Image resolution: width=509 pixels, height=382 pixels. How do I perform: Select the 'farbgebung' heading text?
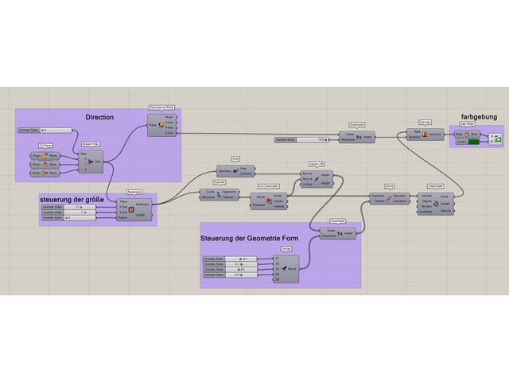(478, 117)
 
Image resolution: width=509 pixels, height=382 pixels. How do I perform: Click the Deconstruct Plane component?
(161, 125)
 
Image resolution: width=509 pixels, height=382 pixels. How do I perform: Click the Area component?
(235, 170)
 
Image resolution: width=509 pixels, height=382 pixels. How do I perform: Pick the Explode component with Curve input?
(219, 194)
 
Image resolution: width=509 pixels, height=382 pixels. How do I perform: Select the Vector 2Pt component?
(316, 179)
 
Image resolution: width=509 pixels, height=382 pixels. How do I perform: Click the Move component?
(389, 198)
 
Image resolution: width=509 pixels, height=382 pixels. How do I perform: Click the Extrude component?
(425, 134)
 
